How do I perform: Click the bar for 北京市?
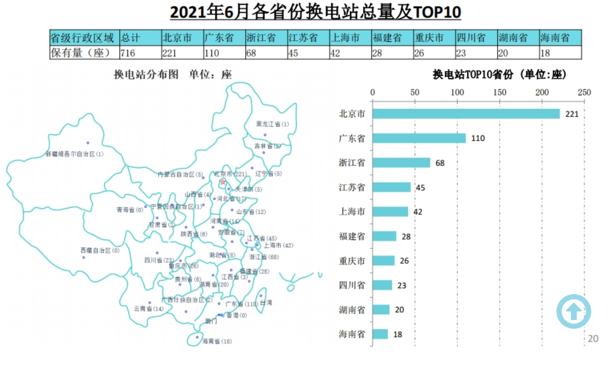pyautogui.click(x=466, y=114)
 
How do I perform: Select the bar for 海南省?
pyautogui.click(x=380, y=334)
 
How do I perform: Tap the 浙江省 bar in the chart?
pyautogui.click(x=401, y=162)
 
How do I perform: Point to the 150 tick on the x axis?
pyautogui.click(x=500, y=92)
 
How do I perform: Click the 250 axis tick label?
pyautogui.click(x=584, y=92)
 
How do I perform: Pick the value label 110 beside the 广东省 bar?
pyautogui.click(x=478, y=138)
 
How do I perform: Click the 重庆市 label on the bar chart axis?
pyautogui.click(x=352, y=261)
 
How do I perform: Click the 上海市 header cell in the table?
pyautogui.click(x=349, y=38)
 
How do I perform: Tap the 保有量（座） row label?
pyautogui.click(x=84, y=53)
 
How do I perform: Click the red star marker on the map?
pyautogui.click(x=223, y=182)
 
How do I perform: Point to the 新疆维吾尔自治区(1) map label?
pyautogui.click(x=74, y=154)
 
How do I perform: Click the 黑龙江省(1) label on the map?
pyautogui.click(x=272, y=124)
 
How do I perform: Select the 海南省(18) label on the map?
pyautogui.click(x=217, y=341)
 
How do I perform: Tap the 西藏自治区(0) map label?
pyautogui.click(x=100, y=250)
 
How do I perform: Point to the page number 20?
pyautogui.click(x=593, y=339)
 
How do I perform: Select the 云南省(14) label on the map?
pyautogui.click(x=148, y=309)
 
